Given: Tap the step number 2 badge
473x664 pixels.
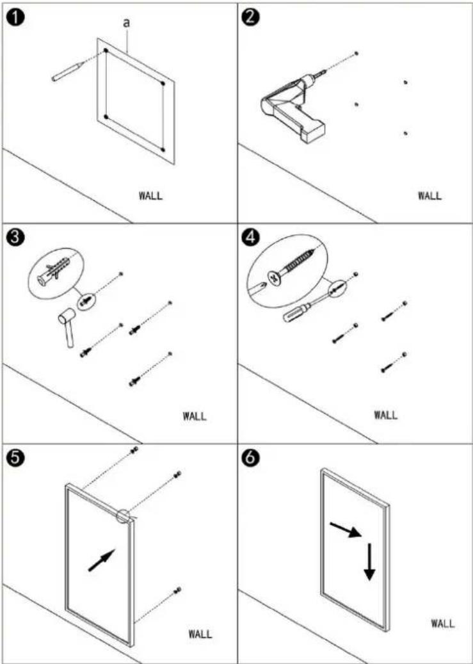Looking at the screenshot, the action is tap(251, 18).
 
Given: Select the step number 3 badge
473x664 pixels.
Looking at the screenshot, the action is tap(15, 238).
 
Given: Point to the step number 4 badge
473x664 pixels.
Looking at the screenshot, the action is tap(251, 238).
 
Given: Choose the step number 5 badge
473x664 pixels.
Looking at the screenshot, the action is tap(15, 459).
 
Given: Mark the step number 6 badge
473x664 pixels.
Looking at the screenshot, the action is tap(251, 459).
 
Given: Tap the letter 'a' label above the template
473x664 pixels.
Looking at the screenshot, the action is tap(126, 23).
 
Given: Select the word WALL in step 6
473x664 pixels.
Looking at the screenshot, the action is tap(443, 623).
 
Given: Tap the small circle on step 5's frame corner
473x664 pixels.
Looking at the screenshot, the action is tap(124, 517).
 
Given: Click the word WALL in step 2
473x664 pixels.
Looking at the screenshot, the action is tap(429, 196).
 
